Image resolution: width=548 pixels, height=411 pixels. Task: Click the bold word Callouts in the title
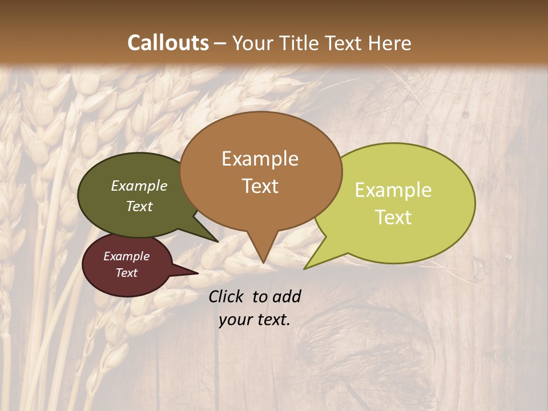pos(168,43)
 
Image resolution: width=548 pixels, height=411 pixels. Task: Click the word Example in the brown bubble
pos(260,159)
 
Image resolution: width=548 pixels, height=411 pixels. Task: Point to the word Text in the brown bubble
pos(260,186)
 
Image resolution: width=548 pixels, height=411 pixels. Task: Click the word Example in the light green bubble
pos(393,190)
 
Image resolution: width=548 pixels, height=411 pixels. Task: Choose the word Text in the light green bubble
pos(393,217)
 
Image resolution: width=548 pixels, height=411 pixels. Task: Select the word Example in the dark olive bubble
pos(139,186)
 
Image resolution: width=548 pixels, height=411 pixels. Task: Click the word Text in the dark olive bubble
pos(139,206)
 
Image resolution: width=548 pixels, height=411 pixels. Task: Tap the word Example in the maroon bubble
pos(127,256)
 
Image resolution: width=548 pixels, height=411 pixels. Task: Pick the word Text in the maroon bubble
pos(127,273)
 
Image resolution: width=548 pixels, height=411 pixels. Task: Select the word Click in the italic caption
pos(227,296)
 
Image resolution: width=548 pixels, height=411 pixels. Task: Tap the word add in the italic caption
pos(286,296)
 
